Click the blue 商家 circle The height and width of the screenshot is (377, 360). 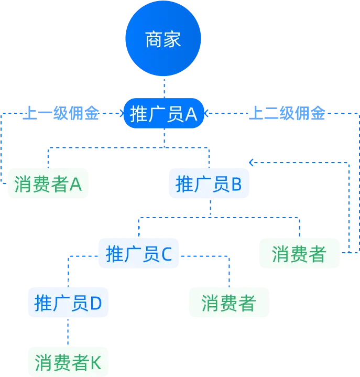(162, 39)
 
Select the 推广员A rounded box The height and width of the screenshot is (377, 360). (163, 114)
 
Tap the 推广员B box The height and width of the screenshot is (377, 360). (209, 184)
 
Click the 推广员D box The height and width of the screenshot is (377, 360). (68, 303)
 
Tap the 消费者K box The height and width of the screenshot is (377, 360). (68, 362)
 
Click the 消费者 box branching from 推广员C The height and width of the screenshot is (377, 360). (229, 303)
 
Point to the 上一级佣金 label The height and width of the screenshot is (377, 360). (62, 113)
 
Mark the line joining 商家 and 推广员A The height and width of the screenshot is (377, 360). (164, 87)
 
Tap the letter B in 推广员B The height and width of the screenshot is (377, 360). (236, 185)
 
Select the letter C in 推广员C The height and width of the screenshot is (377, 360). (166, 255)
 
